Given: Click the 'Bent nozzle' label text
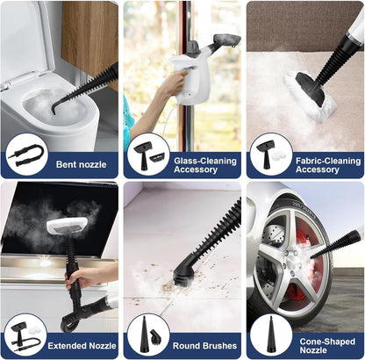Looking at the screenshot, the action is pyautogui.click(x=81, y=164).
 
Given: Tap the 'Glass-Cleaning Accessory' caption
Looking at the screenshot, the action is pyautogui.click(x=205, y=165).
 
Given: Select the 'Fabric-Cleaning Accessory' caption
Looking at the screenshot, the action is pyautogui.click(x=328, y=165).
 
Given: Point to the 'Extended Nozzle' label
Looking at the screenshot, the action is pyautogui.click(x=82, y=346).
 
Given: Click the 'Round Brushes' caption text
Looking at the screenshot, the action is pyautogui.click(x=204, y=346).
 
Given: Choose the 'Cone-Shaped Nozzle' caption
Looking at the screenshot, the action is pyautogui.click(x=327, y=346).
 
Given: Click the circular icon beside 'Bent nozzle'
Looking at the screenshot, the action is pyautogui.click(x=26, y=155).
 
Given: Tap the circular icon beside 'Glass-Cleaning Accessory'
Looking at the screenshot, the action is pyautogui.click(x=148, y=155).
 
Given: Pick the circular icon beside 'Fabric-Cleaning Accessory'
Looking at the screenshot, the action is pyautogui.click(x=271, y=155).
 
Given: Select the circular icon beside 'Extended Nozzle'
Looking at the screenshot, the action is pyautogui.click(x=26, y=335).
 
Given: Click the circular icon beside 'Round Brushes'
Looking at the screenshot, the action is pyautogui.click(x=148, y=335).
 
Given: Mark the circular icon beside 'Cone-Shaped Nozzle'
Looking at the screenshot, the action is pyautogui.click(x=271, y=335).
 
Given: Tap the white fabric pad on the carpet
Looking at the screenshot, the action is pyautogui.click(x=310, y=95).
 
